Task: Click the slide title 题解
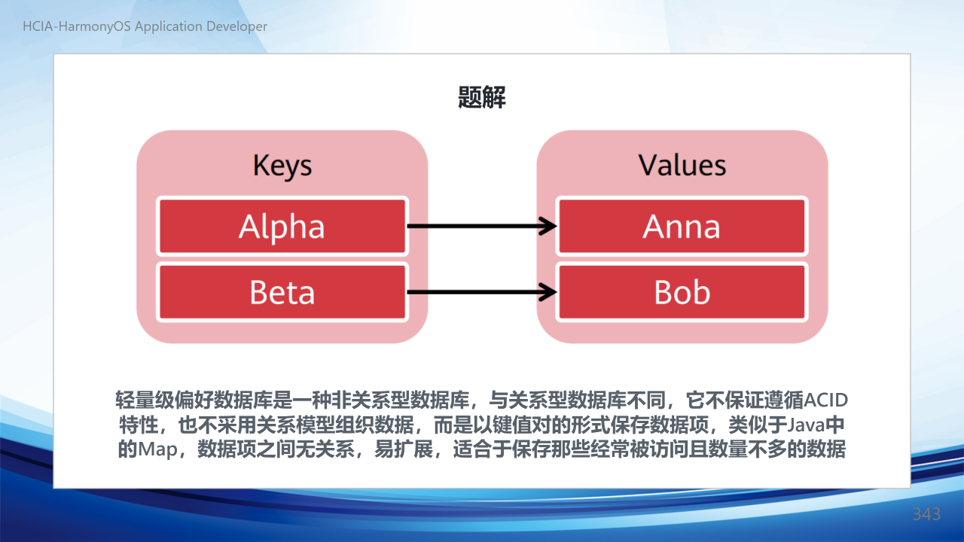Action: coord(481,97)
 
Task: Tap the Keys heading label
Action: coord(282,166)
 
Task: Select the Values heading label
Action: coord(682,165)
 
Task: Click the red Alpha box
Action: coord(282,227)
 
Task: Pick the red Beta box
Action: coord(282,292)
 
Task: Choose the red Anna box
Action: coord(682,227)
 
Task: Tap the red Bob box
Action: coord(682,292)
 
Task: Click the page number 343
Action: coord(926,514)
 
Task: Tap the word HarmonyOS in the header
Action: coord(94,26)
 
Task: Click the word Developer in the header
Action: coord(236,26)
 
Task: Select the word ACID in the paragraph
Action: coord(826,400)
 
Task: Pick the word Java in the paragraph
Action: coord(806,425)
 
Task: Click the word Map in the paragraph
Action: coord(157,449)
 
